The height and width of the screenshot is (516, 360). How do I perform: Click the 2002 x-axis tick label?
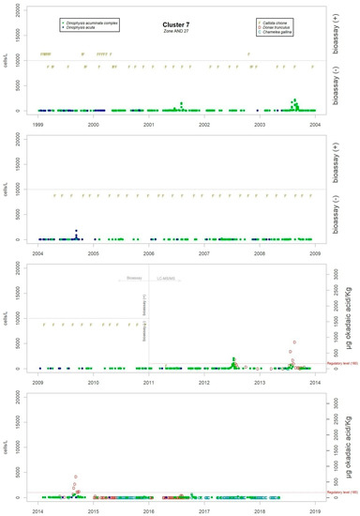pyautogui.click(x=205, y=124)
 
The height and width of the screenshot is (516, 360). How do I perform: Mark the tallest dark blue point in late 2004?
pyautogui.click(x=77, y=231)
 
